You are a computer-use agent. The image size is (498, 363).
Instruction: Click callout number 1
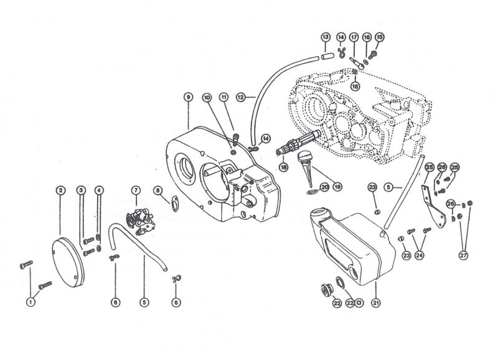click(29, 301)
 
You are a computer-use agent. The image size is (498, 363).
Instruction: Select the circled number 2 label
click(60, 190)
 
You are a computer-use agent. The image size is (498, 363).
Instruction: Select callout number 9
click(186, 97)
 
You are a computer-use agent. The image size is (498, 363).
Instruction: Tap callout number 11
click(224, 97)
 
